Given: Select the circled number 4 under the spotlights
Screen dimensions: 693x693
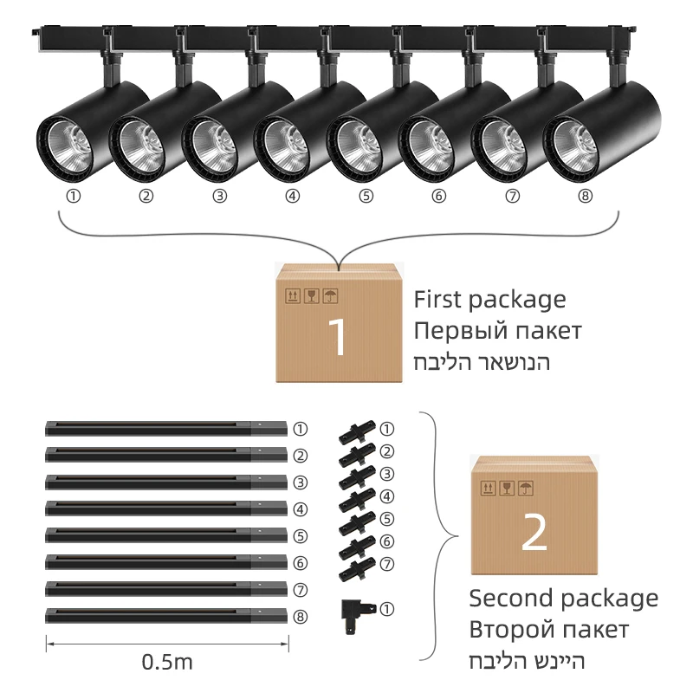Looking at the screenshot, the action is pos(293,196).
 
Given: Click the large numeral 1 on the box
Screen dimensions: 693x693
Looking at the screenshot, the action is pos(339,338).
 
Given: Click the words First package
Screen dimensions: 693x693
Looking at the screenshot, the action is pos(489,300).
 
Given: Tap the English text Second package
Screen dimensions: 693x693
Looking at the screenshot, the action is pos(563,598).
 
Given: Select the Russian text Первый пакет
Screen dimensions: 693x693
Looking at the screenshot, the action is pos(497,331).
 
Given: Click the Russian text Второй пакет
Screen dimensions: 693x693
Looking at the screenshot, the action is pos(548,629).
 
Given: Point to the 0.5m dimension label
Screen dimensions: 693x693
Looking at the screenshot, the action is pos(167,664).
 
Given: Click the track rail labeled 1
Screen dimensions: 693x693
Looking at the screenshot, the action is pos(165,428).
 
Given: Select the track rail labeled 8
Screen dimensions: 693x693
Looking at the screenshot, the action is pos(165,616).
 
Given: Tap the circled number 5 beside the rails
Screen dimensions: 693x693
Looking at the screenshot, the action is pos(300,536).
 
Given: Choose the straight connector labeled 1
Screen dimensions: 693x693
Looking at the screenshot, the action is pos(355,431).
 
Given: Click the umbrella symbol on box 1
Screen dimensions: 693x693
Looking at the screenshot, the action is pos(330,295).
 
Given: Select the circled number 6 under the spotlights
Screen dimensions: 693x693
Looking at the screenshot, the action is pos(439,196).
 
